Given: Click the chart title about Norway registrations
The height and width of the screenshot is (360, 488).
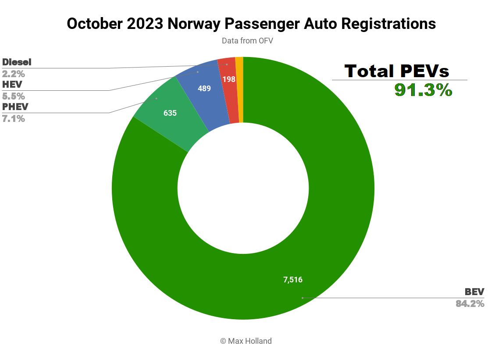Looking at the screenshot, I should (251, 24).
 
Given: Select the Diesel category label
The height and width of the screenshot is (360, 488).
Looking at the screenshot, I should (17, 62).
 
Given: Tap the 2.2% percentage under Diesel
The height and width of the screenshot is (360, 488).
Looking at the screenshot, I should (14, 74).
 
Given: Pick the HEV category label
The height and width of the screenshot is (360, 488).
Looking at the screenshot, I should (12, 84).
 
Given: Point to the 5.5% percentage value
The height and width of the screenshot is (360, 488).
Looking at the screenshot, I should (14, 96).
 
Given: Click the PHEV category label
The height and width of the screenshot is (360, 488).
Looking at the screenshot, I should (14, 107).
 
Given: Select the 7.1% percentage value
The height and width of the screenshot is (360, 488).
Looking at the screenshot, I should (14, 118).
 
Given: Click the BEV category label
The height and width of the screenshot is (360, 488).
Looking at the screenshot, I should (474, 292).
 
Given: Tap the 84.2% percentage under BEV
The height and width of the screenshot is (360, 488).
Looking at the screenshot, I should (470, 303).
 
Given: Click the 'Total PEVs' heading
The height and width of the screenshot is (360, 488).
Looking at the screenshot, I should (397, 71).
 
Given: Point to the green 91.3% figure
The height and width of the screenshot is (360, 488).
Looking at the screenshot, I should (423, 90).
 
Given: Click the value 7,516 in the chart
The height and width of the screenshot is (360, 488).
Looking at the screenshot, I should (293, 280).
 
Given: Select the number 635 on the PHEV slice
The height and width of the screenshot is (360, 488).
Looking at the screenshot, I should (170, 113).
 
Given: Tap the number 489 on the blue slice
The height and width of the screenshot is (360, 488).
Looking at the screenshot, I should (204, 88).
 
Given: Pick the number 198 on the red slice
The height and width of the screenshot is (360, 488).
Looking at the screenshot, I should (229, 79).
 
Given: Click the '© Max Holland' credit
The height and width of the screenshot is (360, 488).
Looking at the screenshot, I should (246, 341).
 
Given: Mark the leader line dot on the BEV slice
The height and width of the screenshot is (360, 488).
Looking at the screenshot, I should (302, 298).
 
